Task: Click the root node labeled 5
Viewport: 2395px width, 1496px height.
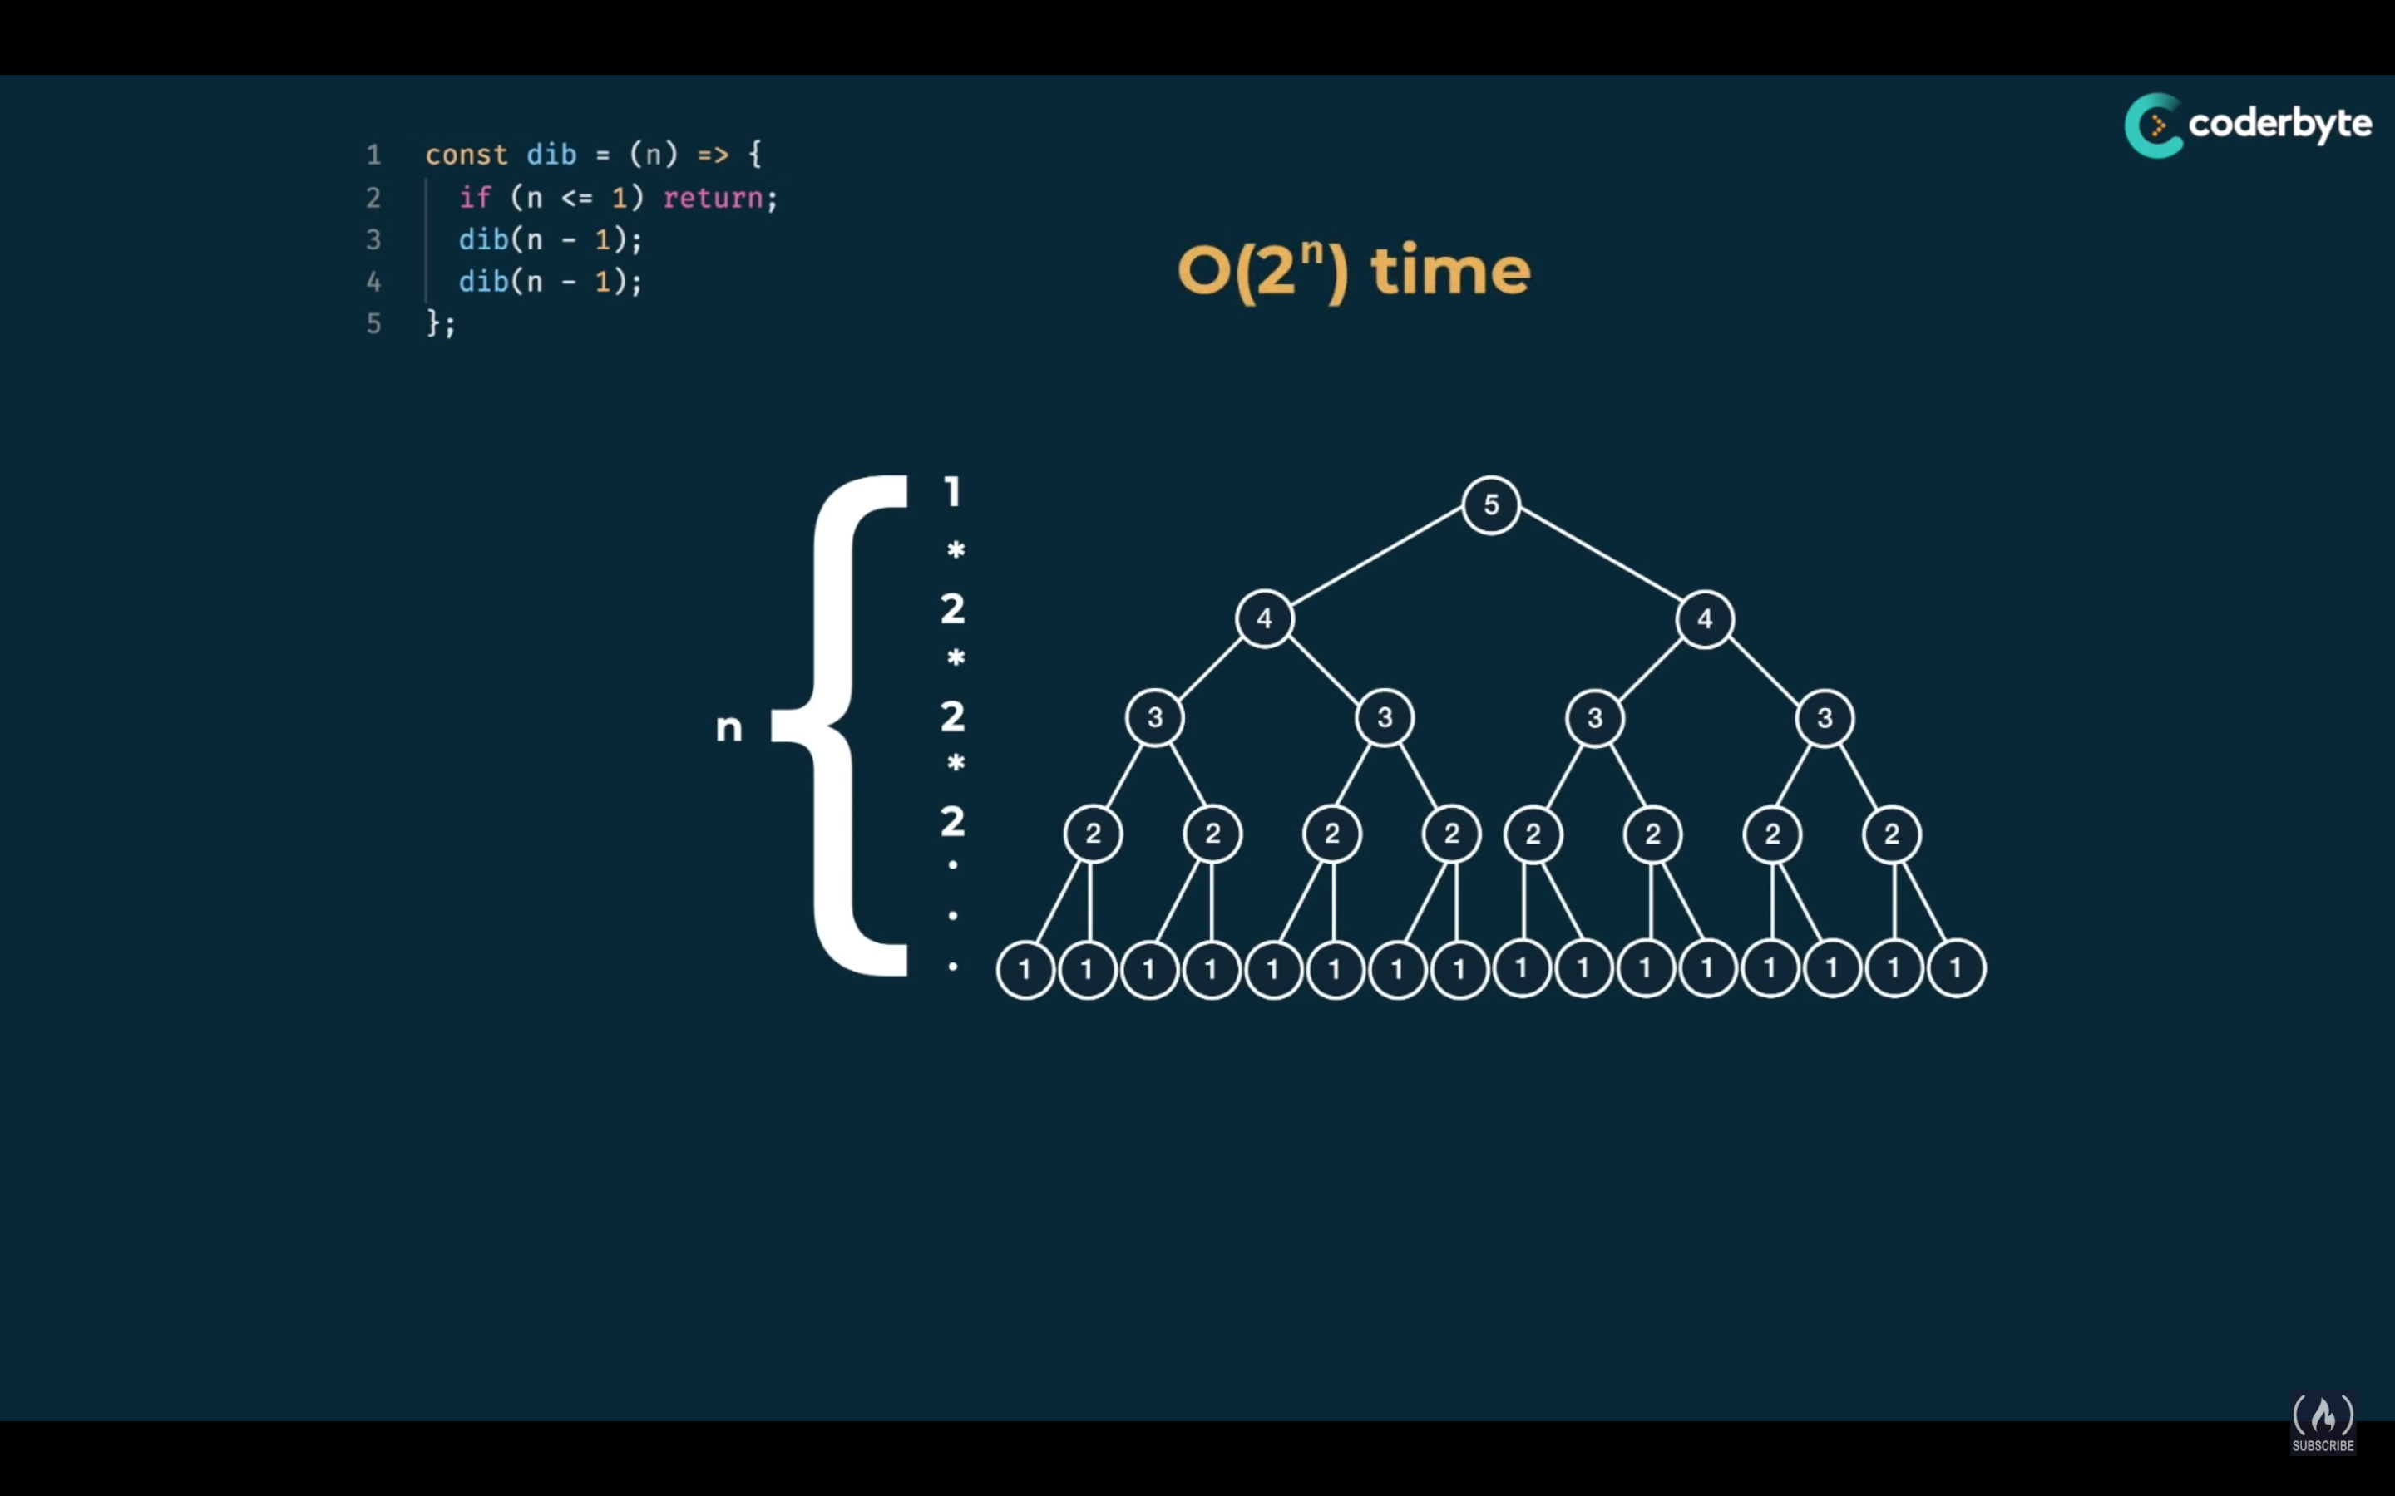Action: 1490,504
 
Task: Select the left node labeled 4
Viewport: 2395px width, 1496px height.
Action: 1264,618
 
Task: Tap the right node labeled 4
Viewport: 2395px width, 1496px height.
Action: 1704,618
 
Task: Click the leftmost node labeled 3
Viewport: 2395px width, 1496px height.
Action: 1155,717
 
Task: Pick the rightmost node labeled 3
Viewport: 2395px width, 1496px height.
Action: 1824,717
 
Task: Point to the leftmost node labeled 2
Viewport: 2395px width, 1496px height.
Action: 1093,833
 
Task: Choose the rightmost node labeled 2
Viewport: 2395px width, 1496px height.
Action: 1891,833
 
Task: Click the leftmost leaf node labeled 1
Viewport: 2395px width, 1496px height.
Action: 1025,968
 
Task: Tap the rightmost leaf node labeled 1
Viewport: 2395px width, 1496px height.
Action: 1956,968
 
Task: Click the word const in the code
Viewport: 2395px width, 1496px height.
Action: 467,155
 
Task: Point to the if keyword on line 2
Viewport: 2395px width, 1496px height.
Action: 475,198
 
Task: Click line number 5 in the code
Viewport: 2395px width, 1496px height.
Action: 374,323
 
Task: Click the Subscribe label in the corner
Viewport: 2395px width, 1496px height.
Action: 2323,1445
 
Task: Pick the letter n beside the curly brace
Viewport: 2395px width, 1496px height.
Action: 728,728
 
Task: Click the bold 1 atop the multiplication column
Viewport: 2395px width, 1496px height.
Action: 952,492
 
